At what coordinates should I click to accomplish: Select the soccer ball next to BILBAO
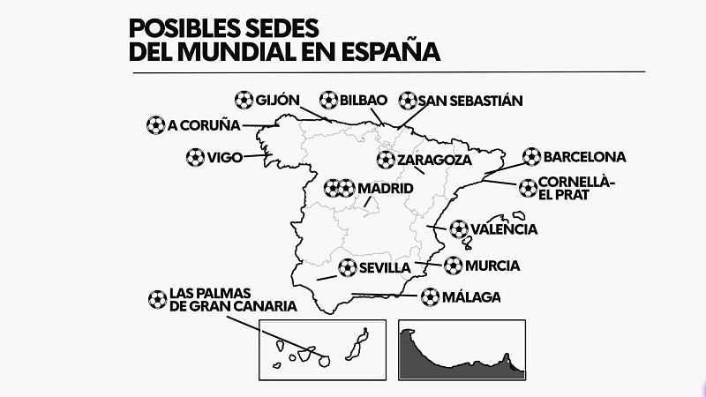tap(328, 100)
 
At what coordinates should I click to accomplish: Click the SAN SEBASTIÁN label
tap(471, 101)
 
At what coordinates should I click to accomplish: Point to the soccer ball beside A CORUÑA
tap(155, 125)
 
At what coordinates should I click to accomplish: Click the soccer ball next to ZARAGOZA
tap(386, 161)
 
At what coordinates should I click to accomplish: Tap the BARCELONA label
tap(585, 157)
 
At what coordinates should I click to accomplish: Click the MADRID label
tap(385, 189)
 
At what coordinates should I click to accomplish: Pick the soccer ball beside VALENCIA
tap(459, 229)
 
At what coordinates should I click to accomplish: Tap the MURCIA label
tap(493, 266)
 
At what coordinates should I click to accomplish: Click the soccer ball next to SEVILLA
tap(347, 266)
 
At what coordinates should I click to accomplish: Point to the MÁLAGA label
tap(472, 297)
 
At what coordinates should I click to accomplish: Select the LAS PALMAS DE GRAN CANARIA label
tap(222, 299)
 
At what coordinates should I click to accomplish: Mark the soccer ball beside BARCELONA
tap(531, 157)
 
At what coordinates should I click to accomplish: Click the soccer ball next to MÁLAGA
tap(431, 297)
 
